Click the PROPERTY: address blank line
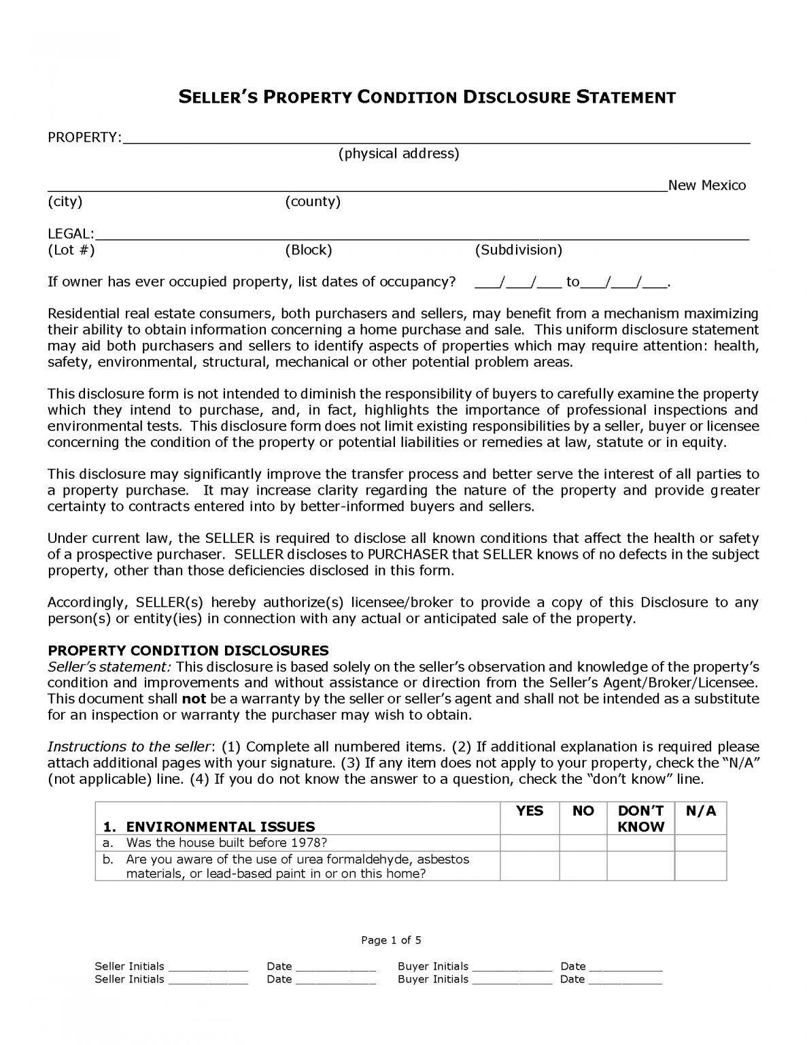coord(435,139)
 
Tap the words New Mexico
coord(706,185)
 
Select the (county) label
coord(313,201)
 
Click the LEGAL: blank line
coord(422,235)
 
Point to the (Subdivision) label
coord(518,250)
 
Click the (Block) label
coord(308,250)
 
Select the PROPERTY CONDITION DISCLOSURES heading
coord(188,650)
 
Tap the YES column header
coord(530,811)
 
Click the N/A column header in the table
coord(700,811)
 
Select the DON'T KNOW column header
coord(640,818)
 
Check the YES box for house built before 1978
coord(530,843)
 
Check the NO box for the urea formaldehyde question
coord(583,865)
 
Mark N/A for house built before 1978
coord(700,843)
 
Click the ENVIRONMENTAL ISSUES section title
coord(220,827)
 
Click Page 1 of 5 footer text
coord(391,940)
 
